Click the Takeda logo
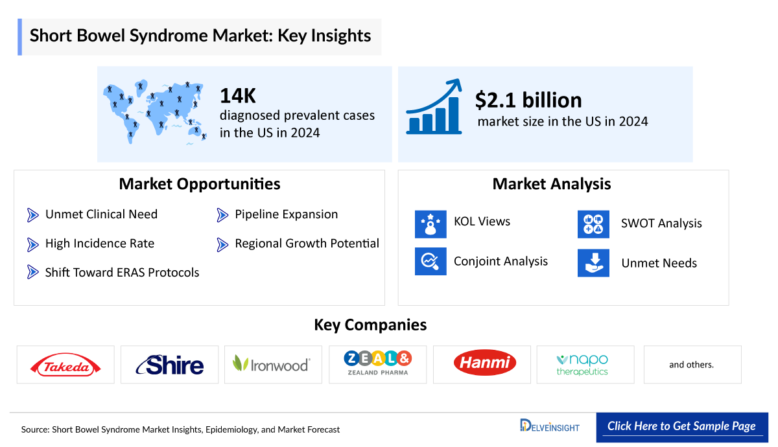click(65, 365)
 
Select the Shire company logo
click(169, 365)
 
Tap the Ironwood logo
click(271, 363)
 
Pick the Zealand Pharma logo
click(378, 363)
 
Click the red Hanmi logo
click(485, 363)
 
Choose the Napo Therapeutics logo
click(582, 365)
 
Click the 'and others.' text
click(691, 365)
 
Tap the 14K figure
click(238, 96)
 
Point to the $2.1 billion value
click(528, 100)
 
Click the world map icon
click(155, 111)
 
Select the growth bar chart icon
click(434, 106)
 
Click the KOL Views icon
click(430, 224)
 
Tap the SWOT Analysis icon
click(593, 224)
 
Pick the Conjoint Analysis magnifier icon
click(430, 261)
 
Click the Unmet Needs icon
click(593, 263)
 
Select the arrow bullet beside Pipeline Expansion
click(222, 215)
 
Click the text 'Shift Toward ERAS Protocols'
click(123, 273)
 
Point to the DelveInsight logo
click(550, 426)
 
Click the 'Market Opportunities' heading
click(200, 184)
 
